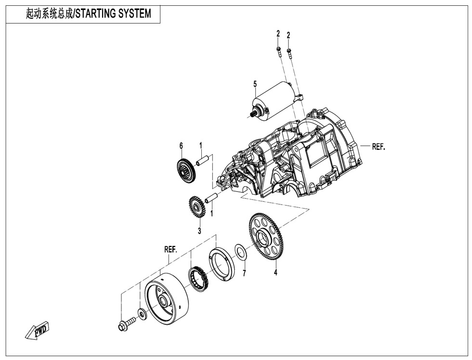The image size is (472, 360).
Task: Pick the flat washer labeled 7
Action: tap(240, 251)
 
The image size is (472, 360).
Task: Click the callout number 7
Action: tap(244, 273)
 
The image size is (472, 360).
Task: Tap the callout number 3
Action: tap(199, 231)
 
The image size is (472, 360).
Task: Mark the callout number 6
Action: tap(181, 145)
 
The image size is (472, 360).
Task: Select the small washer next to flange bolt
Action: tap(142, 314)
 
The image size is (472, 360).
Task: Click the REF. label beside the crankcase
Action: tap(379, 147)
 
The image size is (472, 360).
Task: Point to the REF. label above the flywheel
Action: tap(170, 250)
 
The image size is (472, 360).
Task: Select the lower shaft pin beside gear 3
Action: tap(212, 197)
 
